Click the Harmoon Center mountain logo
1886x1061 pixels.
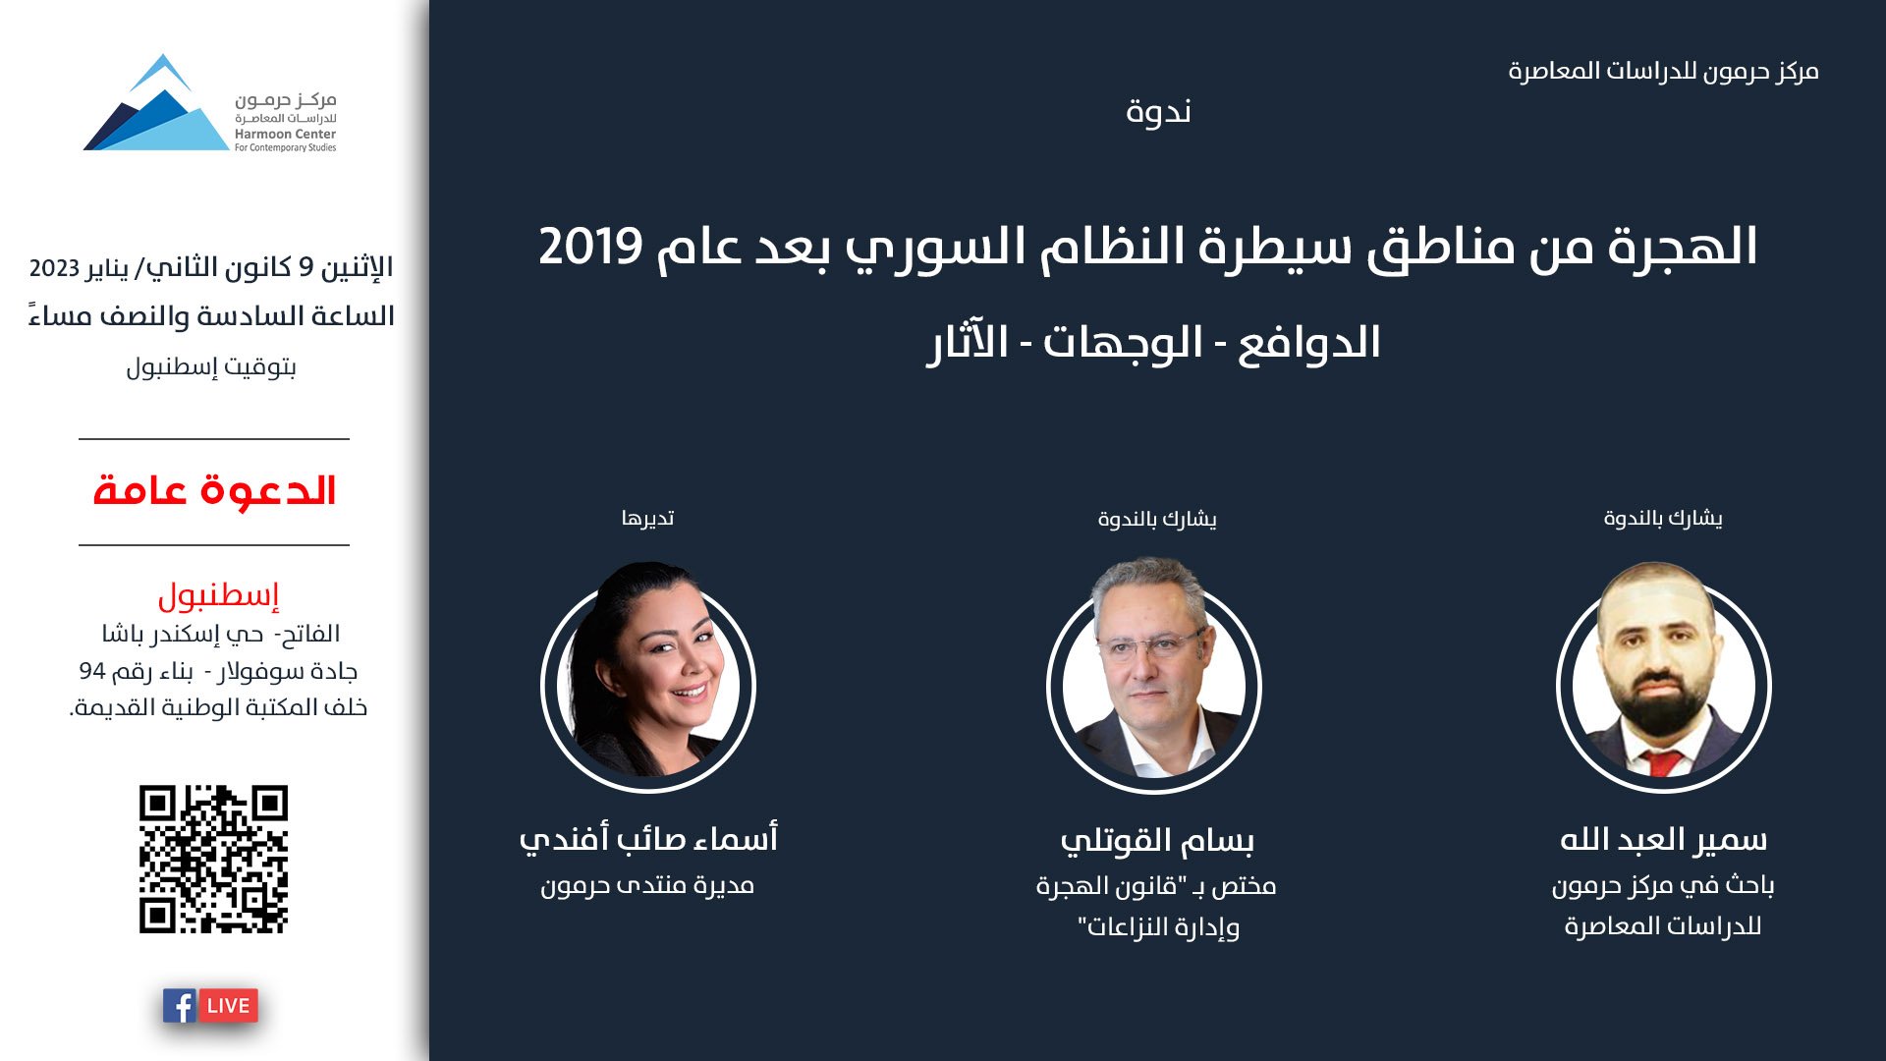point(157,106)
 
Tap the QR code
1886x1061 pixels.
point(213,859)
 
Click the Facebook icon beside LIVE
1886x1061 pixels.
point(180,1006)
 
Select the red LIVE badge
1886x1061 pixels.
point(228,1006)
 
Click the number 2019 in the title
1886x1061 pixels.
point(590,247)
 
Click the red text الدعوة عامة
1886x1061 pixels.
point(214,490)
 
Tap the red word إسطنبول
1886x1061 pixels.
point(218,594)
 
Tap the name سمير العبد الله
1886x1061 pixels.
point(1663,840)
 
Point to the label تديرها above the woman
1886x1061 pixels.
point(647,519)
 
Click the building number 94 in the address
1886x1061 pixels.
point(91,672)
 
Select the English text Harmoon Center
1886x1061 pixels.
point(285,134)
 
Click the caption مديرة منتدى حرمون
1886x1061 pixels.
point(647,886)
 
